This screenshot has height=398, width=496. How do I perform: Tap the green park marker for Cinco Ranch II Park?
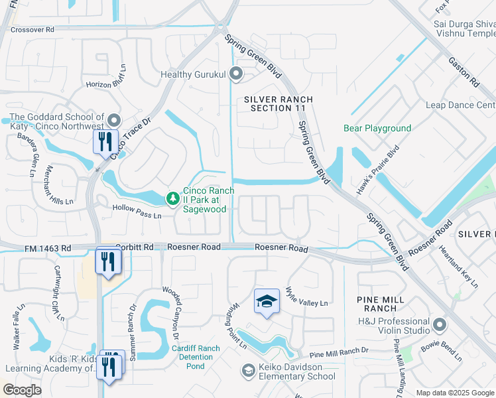pyautogui.click(x=172, y=198)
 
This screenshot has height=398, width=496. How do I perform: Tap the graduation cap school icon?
pyautogui.click(x=267, y=302)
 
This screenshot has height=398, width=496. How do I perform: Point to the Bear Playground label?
pyautogui.click(x=377, y=128)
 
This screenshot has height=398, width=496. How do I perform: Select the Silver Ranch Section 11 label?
pyautogui.click(x=278, y=103)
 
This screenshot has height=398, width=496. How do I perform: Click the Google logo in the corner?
pyautogui.click(x=21, y=390)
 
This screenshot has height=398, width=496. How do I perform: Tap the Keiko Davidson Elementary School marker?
pyautogui.click(x=248, y=369)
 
